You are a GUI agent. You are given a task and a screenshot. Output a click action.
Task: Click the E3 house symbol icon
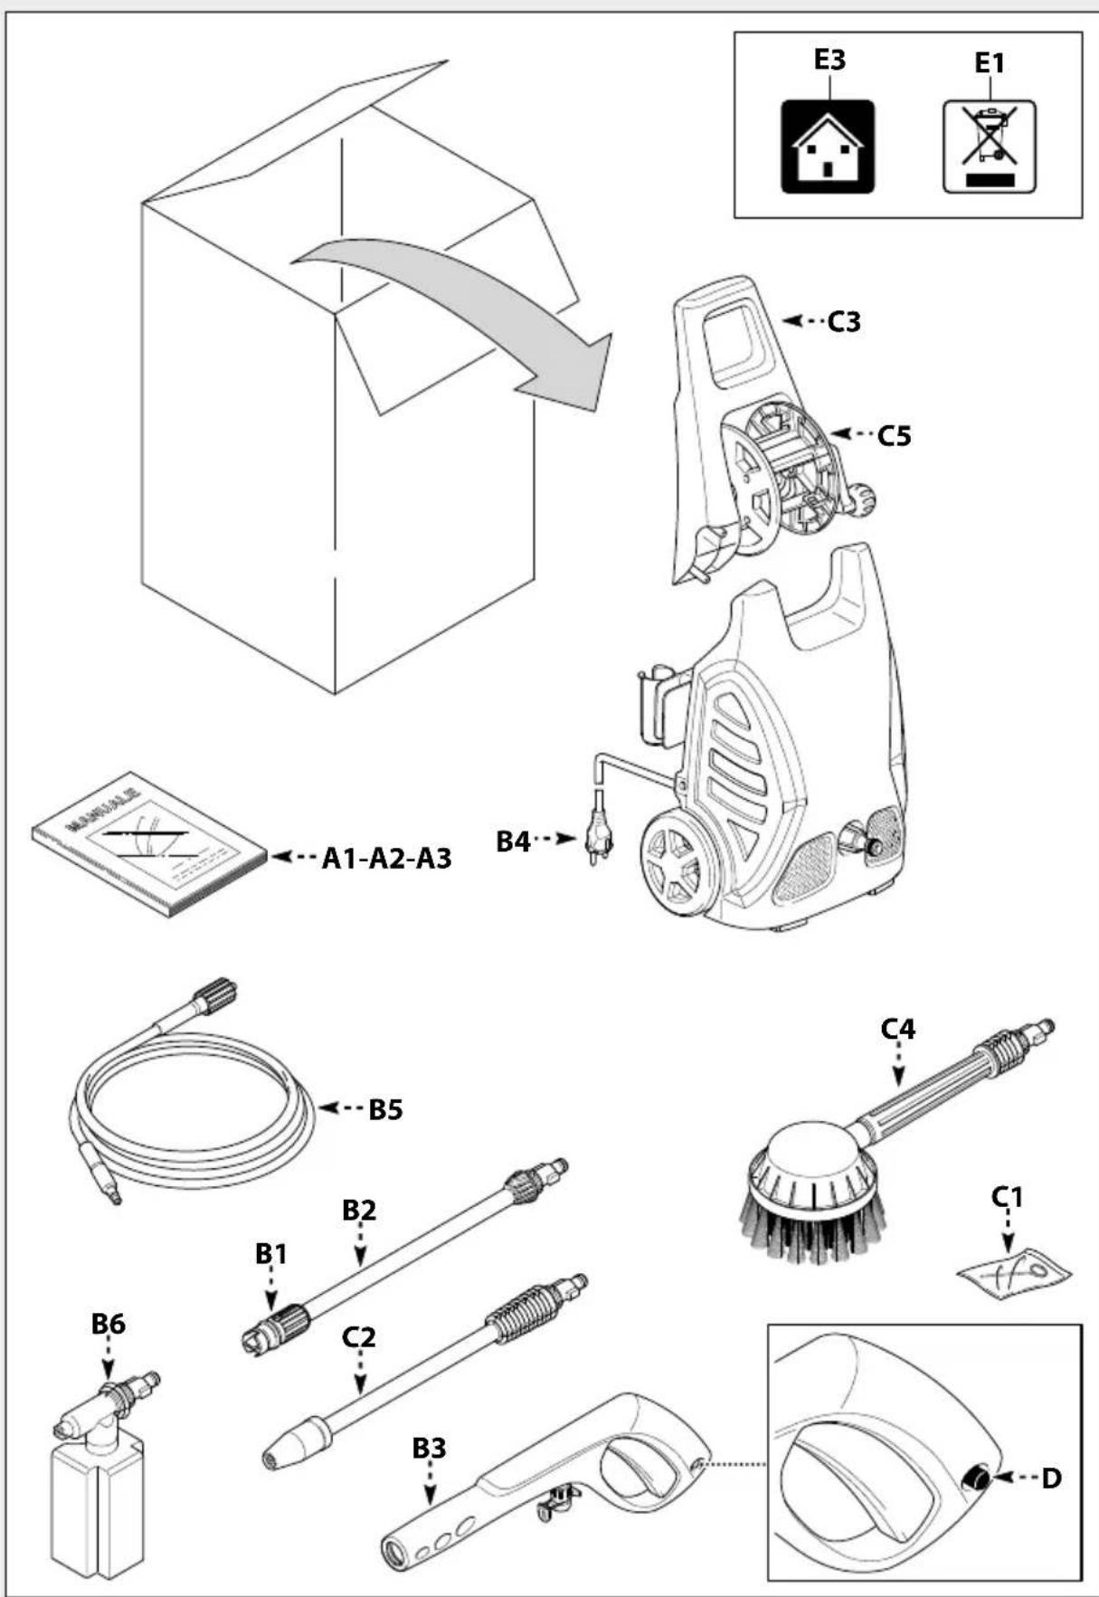tap(828, 147)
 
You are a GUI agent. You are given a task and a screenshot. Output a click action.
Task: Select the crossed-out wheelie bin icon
tap(990, 146)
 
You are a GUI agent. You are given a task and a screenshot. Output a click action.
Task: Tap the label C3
tap(844, 321)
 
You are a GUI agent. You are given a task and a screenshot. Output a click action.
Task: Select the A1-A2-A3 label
tap(386, 858)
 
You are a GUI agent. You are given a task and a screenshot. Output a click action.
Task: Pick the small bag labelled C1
tap(1014, 1270)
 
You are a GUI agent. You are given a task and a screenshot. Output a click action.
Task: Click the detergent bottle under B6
tap(96, 1507)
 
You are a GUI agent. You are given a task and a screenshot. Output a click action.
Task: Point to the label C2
tap(359, 1336)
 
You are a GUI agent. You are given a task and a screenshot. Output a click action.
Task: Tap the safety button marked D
tap(976, 1478)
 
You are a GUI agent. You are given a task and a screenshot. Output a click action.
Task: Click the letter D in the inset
tap(1051, 1478)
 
